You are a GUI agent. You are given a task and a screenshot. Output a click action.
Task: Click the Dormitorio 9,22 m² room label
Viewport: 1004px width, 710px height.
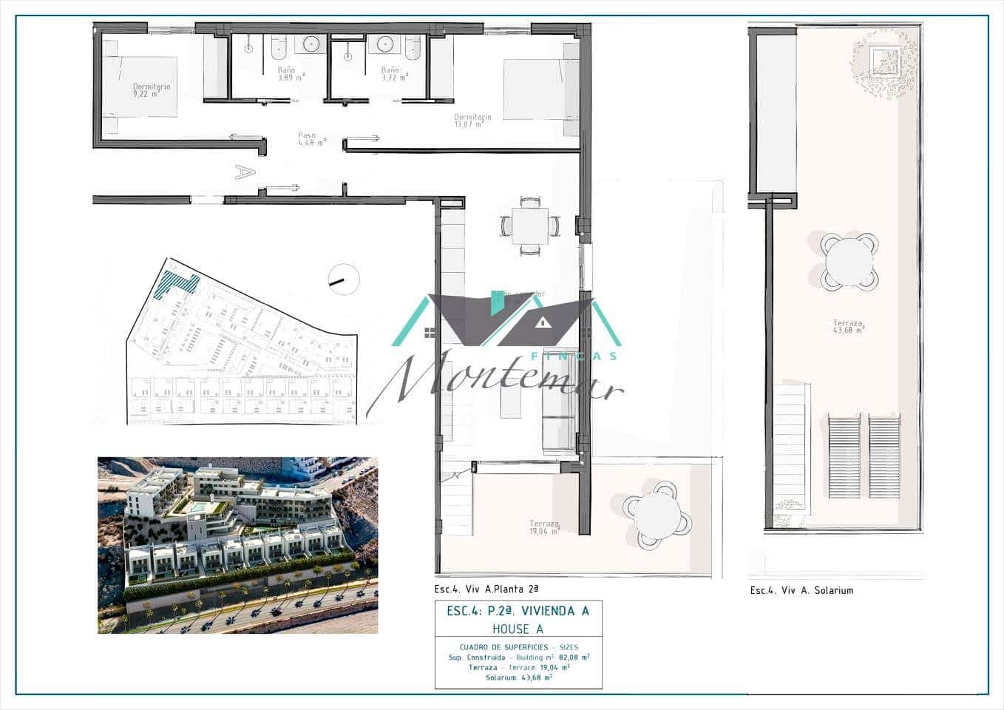[x=151, y=90]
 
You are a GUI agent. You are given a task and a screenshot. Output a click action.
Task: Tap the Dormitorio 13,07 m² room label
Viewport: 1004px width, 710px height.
[x=472, y=121]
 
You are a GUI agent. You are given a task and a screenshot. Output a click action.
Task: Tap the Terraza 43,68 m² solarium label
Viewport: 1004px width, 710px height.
[x=848, y=326]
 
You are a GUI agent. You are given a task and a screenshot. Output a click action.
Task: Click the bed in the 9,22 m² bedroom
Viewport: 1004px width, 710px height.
[x=140, y=87]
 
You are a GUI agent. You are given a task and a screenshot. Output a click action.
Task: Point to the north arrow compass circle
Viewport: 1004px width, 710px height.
[x=343, y=280]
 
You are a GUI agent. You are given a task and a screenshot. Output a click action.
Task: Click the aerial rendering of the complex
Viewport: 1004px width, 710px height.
[x=237, y=545]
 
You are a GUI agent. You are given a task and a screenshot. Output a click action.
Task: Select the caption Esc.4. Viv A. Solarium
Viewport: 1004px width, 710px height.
[x=801, y=590]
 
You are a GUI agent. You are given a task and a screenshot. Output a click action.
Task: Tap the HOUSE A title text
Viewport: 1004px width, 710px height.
[x=518, y=629]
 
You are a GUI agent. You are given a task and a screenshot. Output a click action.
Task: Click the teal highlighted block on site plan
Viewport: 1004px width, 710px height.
[x=176, y=284]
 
